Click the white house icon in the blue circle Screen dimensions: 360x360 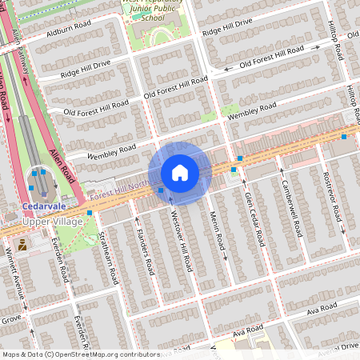(180, 173)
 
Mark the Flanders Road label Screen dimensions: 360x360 (145, 252)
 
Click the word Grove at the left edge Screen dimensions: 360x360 (10, 319)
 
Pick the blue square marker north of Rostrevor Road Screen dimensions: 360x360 (344, 137)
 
